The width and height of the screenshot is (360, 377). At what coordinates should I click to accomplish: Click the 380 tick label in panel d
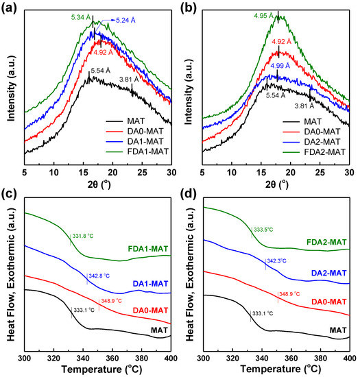320,358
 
